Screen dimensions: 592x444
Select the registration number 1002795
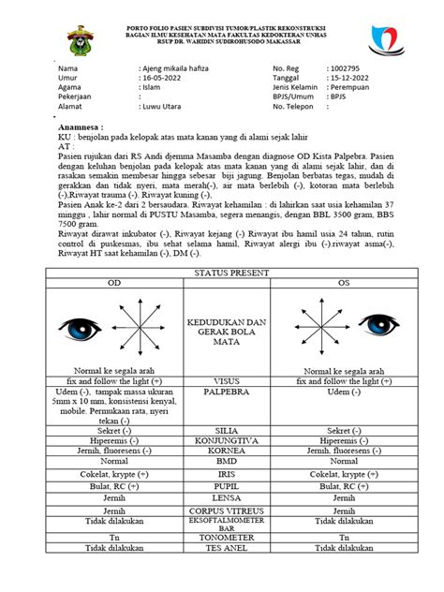[344, 69]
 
